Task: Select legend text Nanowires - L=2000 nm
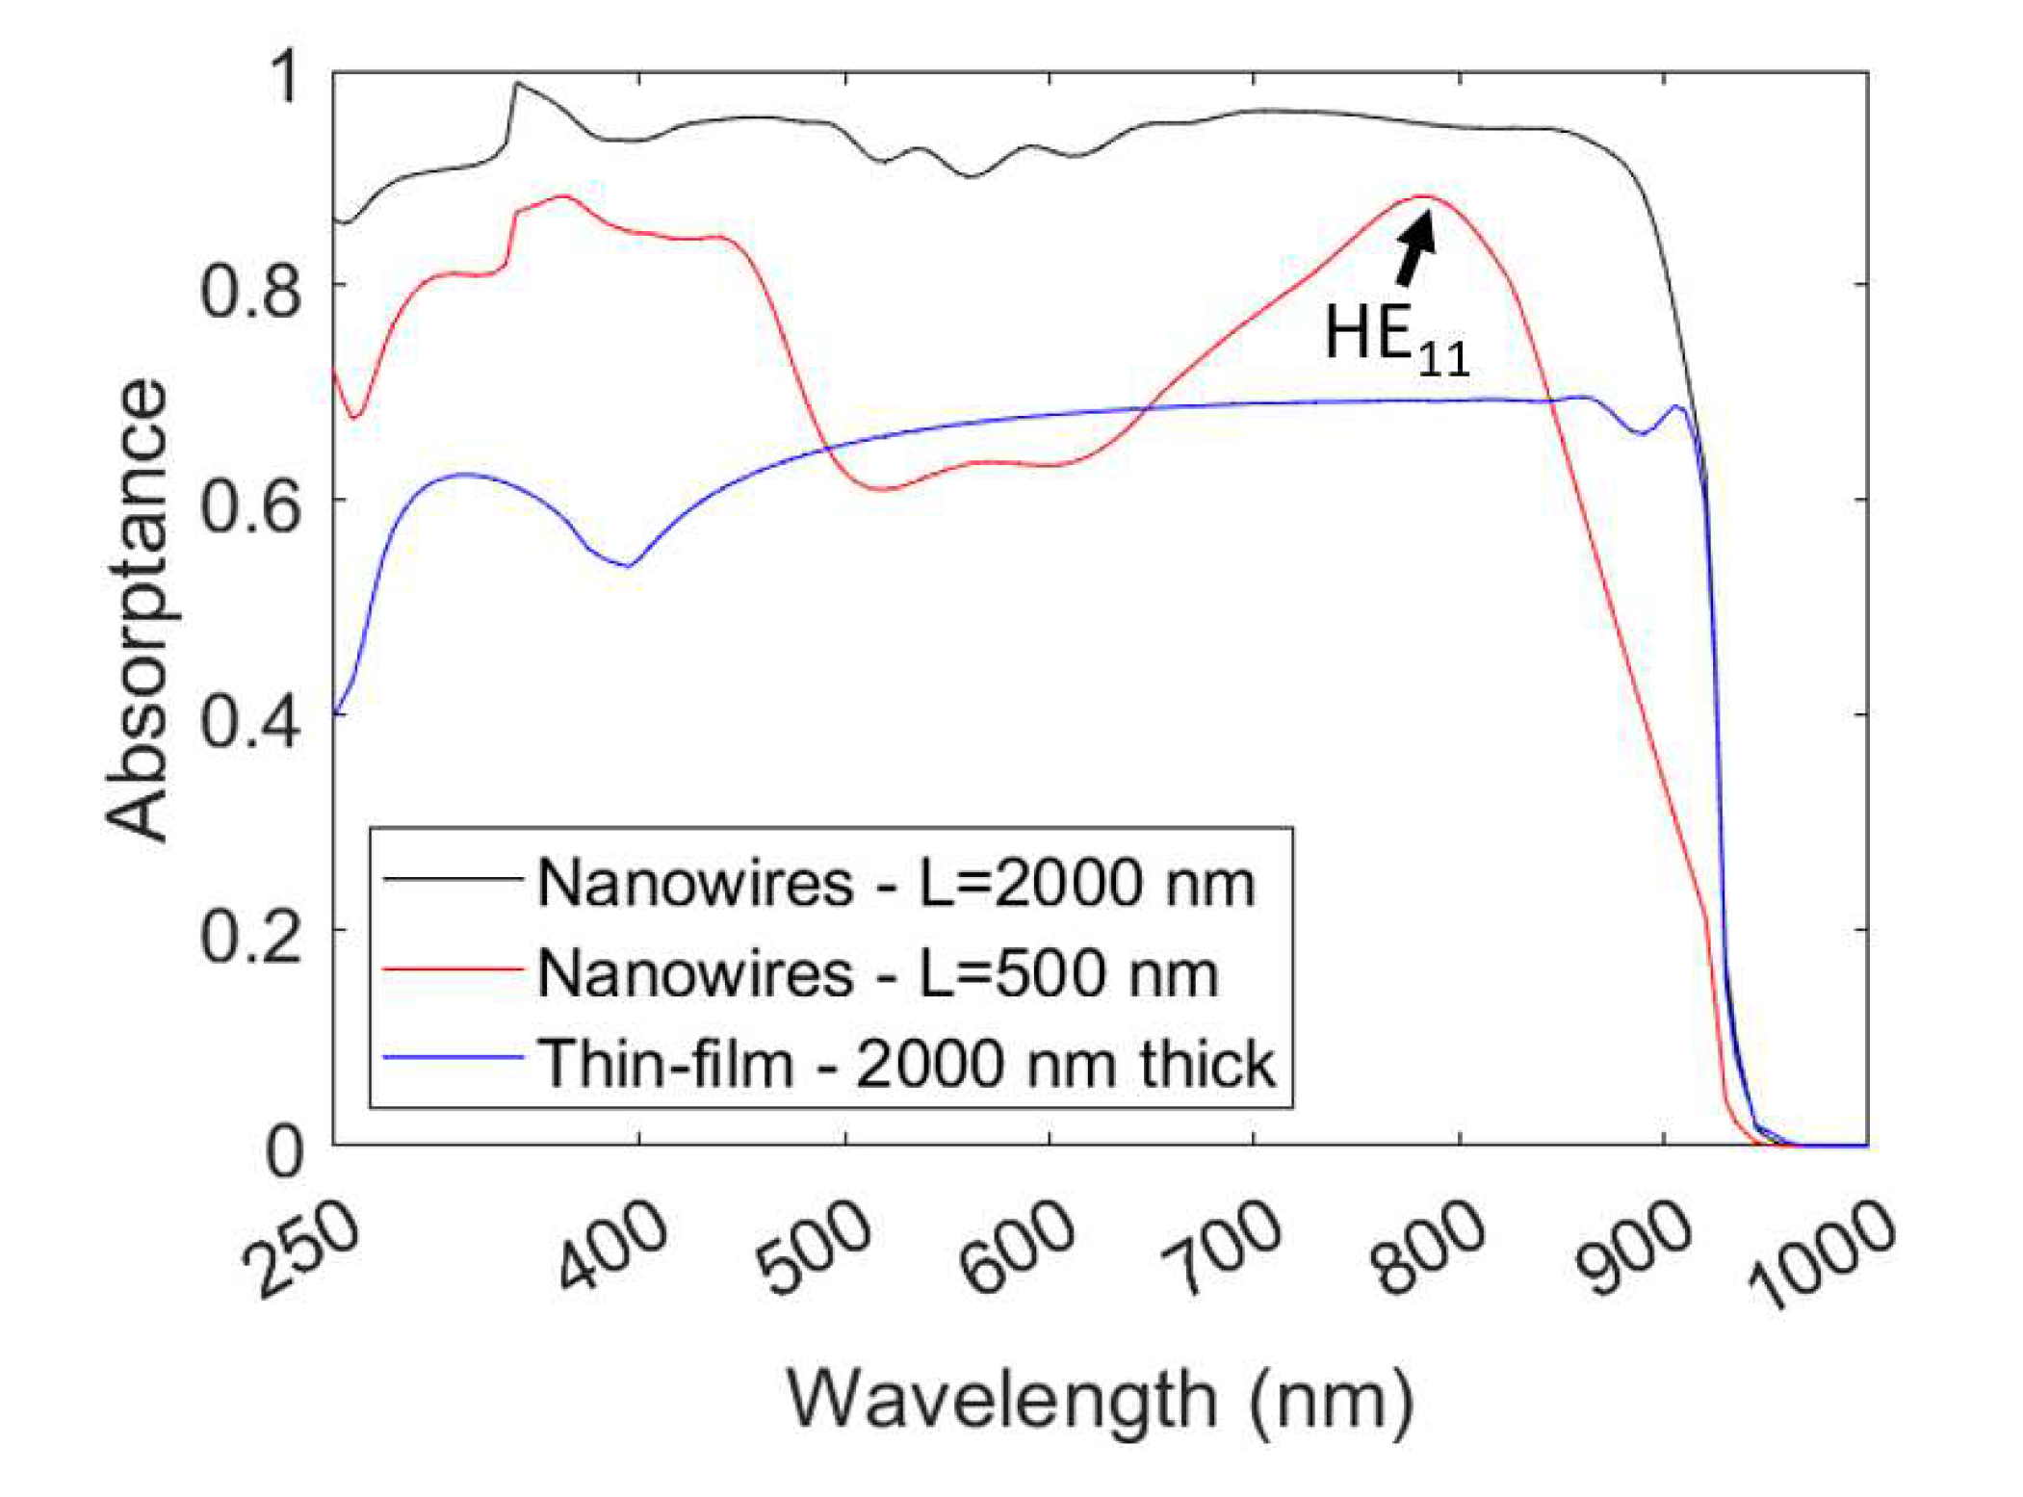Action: point(895,882)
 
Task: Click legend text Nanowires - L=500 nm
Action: point(877,973)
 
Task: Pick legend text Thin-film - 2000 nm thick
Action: point(906,1064)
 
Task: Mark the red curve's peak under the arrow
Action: point(1426,196)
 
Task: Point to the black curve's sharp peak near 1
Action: point(517,84)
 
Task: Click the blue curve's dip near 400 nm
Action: point(628,566)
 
